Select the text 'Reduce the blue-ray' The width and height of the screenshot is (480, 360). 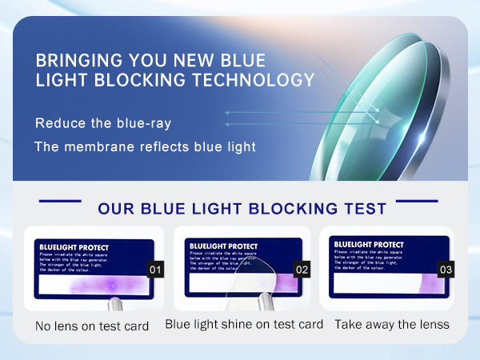coord(102,123)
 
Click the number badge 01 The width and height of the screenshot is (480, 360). coord(156,270)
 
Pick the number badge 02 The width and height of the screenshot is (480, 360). coord(302,270)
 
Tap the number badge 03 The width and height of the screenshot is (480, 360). coord(446,270)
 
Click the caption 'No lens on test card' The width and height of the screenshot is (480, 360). coord(92,326)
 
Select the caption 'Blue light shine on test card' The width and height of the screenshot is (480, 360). coord(244,324)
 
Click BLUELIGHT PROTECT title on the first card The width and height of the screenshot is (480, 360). coord(74,247)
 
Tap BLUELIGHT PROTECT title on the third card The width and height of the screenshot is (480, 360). coord(368,244)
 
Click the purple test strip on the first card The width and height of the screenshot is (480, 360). coord(92,284)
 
